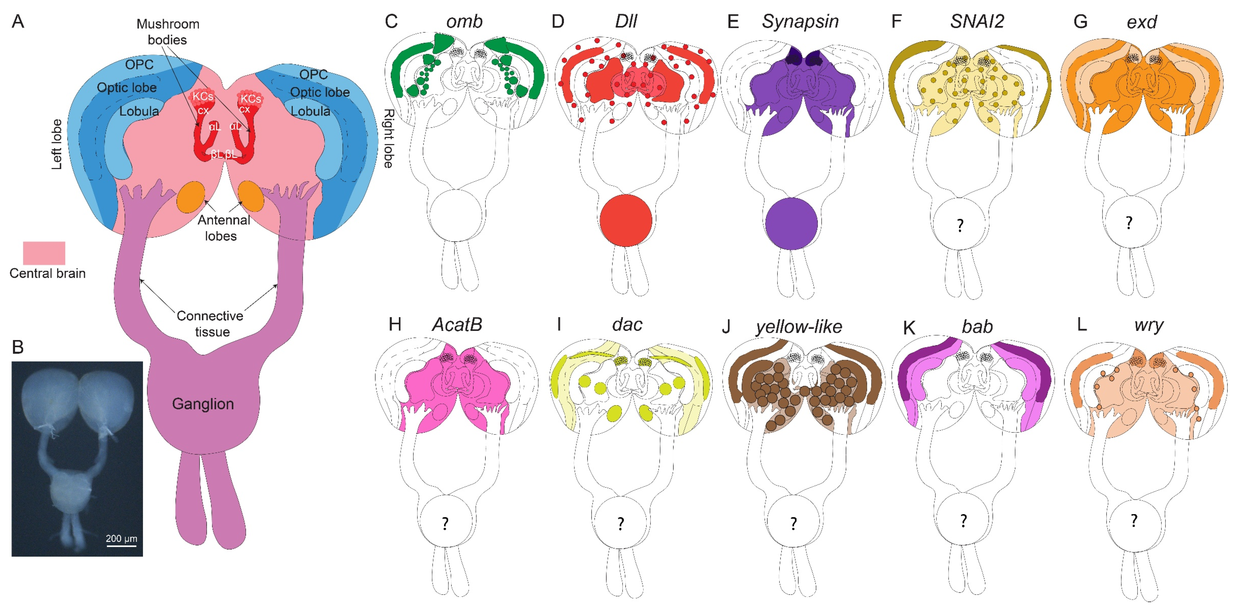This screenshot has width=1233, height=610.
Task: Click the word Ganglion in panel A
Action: (x=203, y=403)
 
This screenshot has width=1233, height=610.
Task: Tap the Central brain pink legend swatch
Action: (x=44, y=253)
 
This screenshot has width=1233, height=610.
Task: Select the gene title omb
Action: (x=464, y=22)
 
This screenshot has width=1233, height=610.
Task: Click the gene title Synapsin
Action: (x=800, y=22)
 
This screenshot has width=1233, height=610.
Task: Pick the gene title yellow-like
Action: (x=798, y=327)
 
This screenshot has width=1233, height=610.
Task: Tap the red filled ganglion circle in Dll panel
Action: (x=626, y=220)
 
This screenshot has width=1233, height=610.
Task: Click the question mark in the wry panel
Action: (x=1134, y=521)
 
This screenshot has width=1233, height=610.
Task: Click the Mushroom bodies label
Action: (x=168, y=32)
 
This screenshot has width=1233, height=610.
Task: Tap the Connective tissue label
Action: (x=210, y=324)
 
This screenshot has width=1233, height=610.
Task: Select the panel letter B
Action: (x=18, y=347)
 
